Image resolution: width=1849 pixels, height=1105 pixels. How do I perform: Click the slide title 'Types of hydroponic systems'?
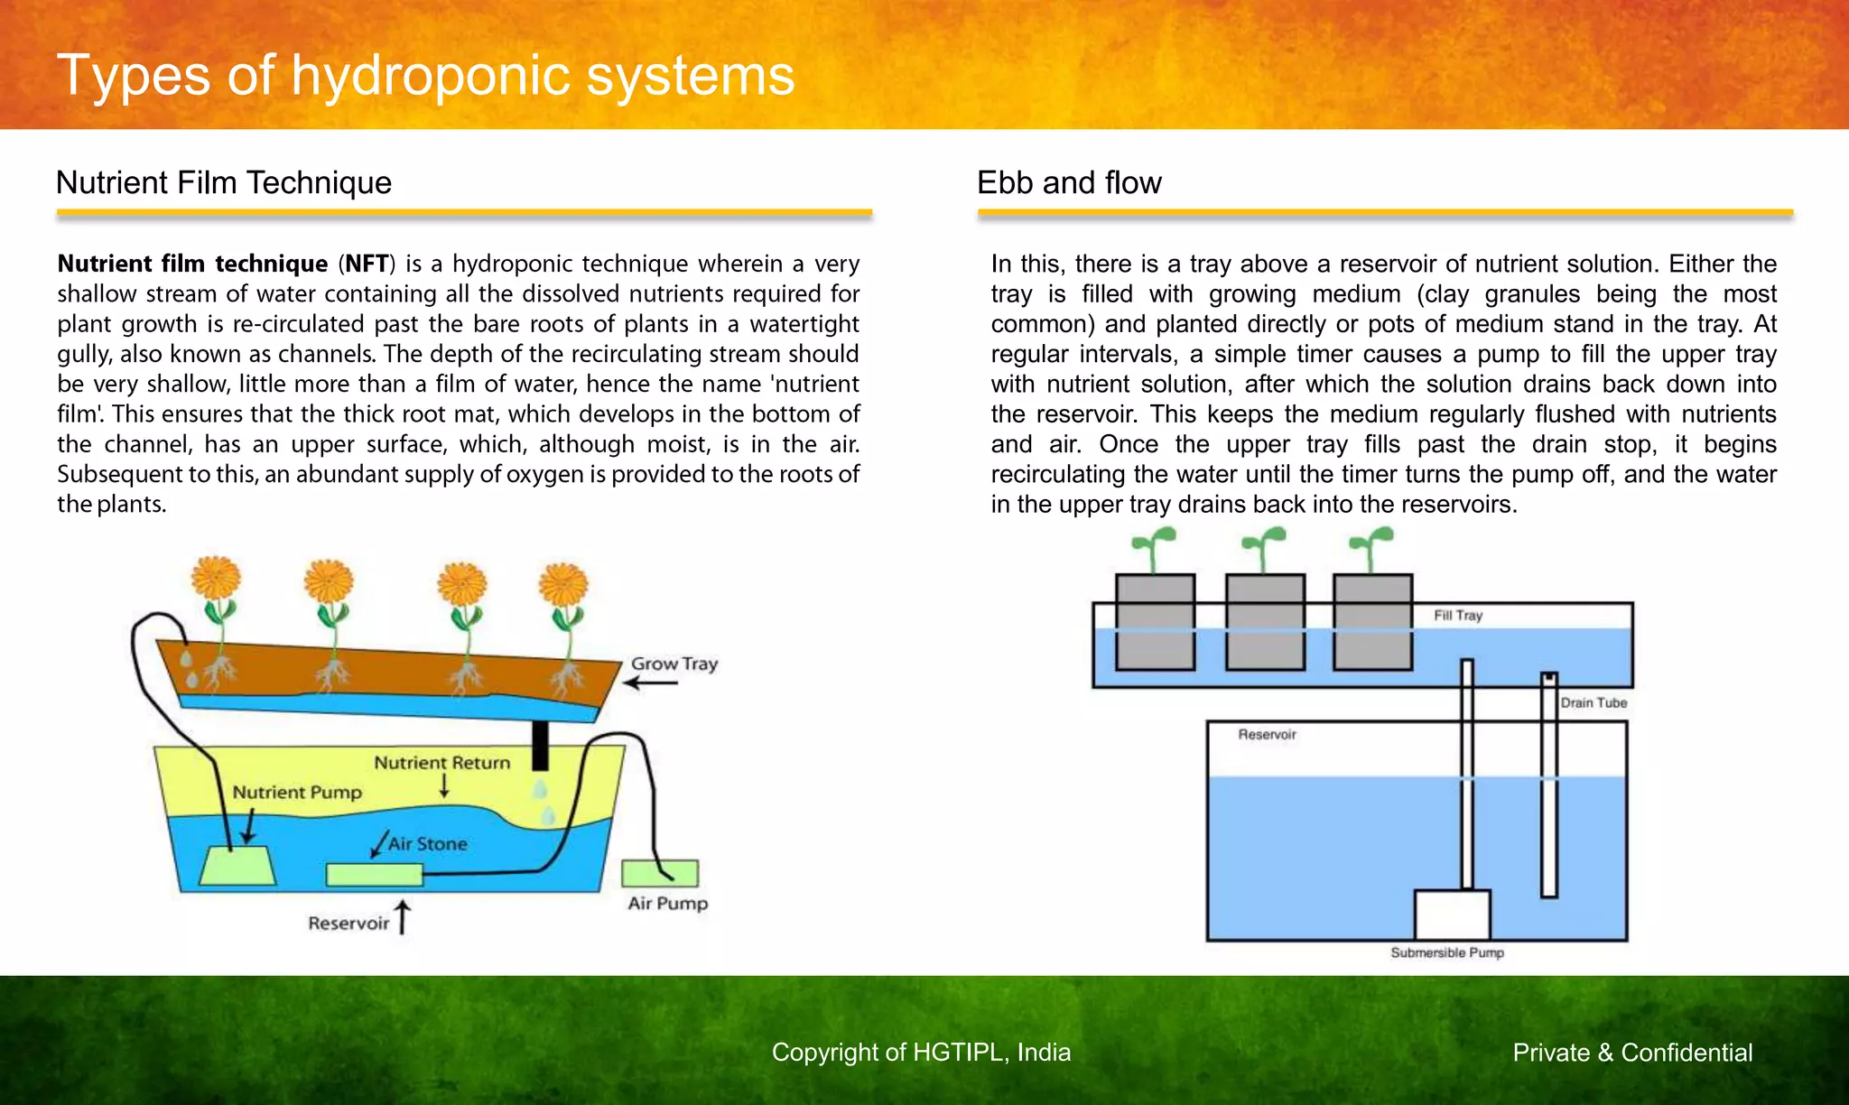[425, 75]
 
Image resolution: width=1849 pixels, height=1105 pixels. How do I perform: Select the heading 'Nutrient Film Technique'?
[224, 182]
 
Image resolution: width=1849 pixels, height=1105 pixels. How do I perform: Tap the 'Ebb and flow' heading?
[1069, 182]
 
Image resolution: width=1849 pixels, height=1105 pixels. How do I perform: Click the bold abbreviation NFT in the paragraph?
[367, 264]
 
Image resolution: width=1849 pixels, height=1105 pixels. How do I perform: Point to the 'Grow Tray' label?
[674, 664]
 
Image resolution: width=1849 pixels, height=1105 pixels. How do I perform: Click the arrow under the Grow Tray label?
[650, 683]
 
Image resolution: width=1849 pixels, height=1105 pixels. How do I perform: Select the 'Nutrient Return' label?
[441, 763]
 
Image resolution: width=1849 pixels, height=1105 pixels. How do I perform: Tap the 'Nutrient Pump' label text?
[297, 793]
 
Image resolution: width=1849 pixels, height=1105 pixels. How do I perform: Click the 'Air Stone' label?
[428, 844]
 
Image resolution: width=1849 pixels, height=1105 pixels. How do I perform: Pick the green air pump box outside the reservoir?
[660, 873]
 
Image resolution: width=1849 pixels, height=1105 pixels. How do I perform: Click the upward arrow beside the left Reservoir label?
[403, 916]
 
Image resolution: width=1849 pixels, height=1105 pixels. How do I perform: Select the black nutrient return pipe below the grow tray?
[540, 745]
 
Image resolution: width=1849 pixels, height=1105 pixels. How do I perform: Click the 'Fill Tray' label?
[1458, 616]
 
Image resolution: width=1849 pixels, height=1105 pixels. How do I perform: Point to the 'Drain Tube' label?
[1593, 703]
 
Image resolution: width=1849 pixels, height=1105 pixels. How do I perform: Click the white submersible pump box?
[1452, 915]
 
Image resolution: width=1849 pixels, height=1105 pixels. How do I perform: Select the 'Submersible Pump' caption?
[1447, 952]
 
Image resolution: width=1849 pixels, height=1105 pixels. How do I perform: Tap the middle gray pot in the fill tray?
[1265, 622]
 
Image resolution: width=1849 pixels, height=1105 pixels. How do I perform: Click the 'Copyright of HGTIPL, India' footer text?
[921, 1053]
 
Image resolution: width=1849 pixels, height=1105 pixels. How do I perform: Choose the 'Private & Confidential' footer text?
[1632, 1053]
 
